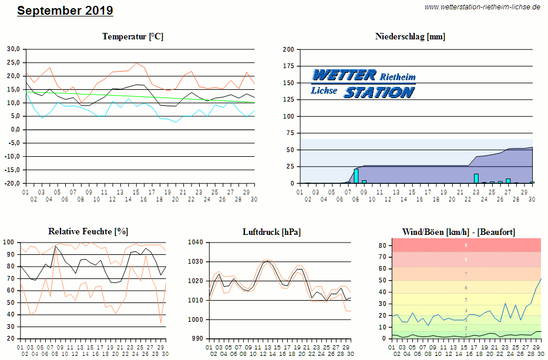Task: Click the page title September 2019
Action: [65, 11]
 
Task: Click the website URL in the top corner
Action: [482, 7]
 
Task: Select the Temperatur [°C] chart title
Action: [133, 36]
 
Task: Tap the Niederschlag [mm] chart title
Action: [410, 36]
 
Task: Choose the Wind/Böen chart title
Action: [458, 231]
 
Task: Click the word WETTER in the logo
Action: [344, 75]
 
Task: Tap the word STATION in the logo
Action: [379, 92]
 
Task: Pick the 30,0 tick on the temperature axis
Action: [13, 49]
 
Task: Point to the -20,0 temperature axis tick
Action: [12, 183]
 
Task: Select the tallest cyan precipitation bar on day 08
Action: [356, 176]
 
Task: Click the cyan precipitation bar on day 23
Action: [476, 179]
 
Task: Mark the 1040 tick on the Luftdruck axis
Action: [194, 242]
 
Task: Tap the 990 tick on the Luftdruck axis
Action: [196, 339]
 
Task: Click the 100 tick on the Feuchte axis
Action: [9, 242]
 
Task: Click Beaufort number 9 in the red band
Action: [466, 245]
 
